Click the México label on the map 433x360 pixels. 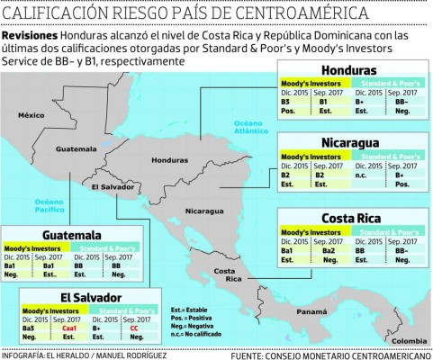(34, 114)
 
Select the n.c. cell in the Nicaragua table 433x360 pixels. (365, 172)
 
